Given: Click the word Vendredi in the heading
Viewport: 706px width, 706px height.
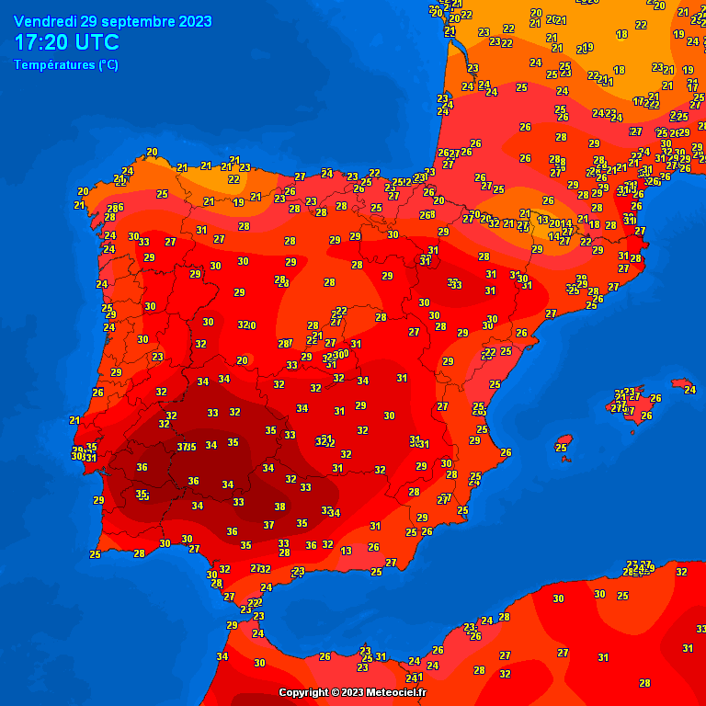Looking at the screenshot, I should point(45,22).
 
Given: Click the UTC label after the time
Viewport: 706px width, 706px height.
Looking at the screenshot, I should point(99,43).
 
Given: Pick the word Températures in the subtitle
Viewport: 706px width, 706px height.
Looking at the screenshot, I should point(55,65).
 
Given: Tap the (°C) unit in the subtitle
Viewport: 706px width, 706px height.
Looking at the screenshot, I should point(108,65).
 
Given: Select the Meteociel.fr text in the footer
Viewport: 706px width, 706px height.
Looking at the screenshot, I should point(397,692).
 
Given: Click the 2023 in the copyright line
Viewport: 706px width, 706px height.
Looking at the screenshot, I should point(352,692).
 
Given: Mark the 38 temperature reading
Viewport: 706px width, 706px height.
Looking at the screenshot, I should point(280,507).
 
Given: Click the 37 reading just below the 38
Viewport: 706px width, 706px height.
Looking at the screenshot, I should point(268,525).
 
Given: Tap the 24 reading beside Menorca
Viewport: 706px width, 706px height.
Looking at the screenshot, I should point(689,390).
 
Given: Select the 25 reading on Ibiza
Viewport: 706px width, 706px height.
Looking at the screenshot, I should point(561,448).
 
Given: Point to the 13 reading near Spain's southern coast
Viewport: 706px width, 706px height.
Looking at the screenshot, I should point(346,551).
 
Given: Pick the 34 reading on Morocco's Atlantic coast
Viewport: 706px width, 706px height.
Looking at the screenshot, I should point(222,656).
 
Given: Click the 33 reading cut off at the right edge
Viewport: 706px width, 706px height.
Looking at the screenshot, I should point(700,629).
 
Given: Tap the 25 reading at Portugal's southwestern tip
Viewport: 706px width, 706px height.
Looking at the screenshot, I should point(95,554).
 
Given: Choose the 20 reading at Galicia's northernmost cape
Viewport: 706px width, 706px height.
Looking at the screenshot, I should point(152,152).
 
